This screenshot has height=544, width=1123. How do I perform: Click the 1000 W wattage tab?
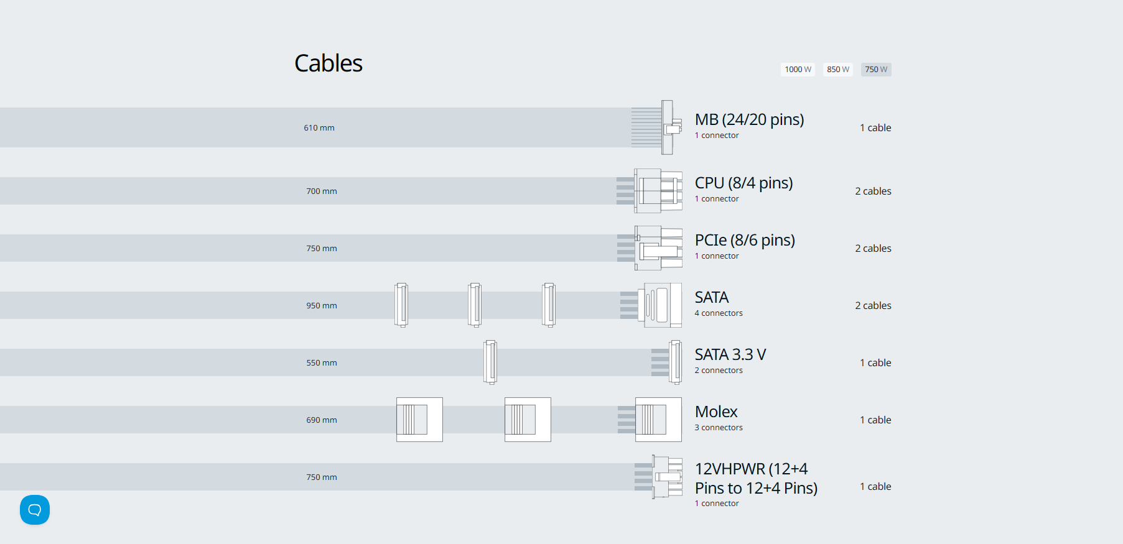[798, 70]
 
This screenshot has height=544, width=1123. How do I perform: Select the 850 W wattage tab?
[837, 70]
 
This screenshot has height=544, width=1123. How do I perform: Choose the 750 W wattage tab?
[876, 70]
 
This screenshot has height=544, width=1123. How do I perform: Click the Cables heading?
[328, 63]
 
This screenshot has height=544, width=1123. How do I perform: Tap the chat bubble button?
[35, 510]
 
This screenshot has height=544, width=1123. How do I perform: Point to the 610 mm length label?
[319, 128]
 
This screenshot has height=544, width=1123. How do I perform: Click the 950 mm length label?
[321, 306]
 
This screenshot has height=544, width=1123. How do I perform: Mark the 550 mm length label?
[321, 363]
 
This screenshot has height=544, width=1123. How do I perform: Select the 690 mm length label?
[321, 420]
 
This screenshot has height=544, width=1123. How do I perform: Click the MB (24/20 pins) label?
[749, 119]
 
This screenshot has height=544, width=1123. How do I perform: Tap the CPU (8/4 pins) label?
[743, 183]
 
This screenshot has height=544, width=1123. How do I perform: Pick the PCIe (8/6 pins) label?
[745, 240]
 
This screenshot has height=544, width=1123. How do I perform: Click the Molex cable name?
[716, 412]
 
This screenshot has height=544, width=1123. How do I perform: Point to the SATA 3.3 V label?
[730, 354]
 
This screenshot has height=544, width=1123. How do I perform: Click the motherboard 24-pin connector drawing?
[666, 127]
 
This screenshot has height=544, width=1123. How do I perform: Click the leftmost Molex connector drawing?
[419, 420]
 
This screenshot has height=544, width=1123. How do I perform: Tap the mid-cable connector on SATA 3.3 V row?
[490, 362]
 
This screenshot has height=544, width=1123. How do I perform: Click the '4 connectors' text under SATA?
[719, 313]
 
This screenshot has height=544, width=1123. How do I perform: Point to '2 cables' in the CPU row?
[873, 191]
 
